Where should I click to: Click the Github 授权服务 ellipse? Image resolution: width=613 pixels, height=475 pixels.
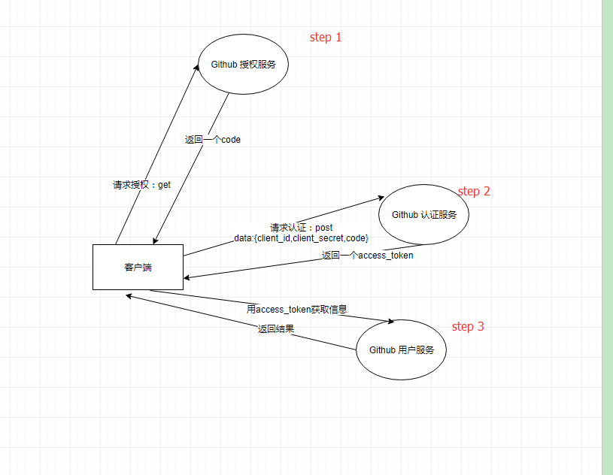pos(243,65)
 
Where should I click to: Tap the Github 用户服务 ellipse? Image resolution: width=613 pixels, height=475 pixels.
pos(401,350)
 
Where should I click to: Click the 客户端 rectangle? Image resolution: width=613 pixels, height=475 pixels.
pos(138,267)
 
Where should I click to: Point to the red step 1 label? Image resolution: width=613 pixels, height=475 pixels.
pos(326,37)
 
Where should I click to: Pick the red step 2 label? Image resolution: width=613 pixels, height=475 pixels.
pos(474,191)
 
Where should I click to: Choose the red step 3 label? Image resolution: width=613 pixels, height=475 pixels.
pos(468,326)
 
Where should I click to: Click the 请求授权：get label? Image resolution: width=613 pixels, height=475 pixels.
pos(142,184)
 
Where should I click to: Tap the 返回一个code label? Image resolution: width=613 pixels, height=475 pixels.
pos(213,140)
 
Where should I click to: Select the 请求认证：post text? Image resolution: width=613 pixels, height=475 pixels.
pos(301,227)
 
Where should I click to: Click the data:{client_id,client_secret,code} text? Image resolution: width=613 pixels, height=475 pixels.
pos(301,237)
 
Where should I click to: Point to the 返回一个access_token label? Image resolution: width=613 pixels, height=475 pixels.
pos(367,256)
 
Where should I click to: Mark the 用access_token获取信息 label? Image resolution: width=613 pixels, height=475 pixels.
pos(296,309)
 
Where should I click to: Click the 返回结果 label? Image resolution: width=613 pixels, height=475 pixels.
pos(275,328)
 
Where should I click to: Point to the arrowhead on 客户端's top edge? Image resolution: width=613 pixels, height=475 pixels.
pos(155,241)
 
